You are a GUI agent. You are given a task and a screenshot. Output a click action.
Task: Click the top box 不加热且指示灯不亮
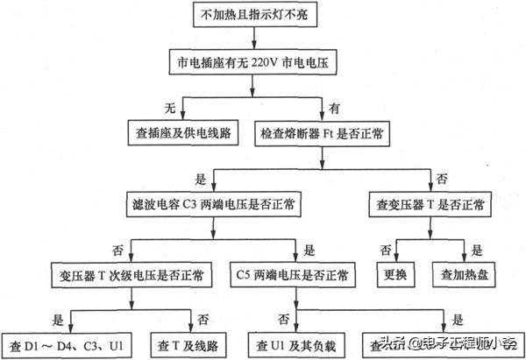coord(254,16)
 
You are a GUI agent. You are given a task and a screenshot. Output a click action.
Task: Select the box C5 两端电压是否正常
coord(293,274)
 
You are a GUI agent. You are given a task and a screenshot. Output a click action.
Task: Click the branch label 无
coord(171,107)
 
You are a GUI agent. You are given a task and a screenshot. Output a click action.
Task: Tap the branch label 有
coord(332,107)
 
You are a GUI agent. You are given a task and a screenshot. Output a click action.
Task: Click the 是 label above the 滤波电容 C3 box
coord(201,179)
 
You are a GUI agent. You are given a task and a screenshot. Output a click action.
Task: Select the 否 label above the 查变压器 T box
coord(441,179)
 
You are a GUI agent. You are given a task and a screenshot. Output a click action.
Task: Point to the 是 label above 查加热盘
coord(477,250)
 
